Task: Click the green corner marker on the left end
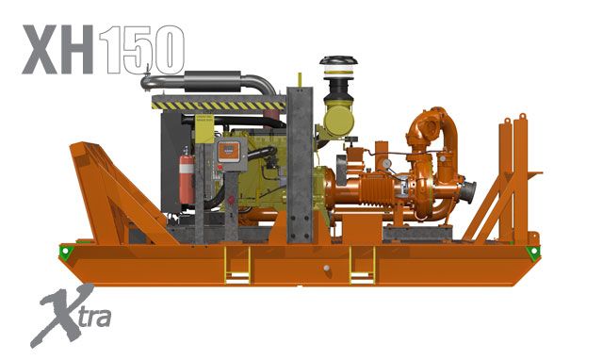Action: pos(64,252)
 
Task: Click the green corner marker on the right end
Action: pos(533,252)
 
